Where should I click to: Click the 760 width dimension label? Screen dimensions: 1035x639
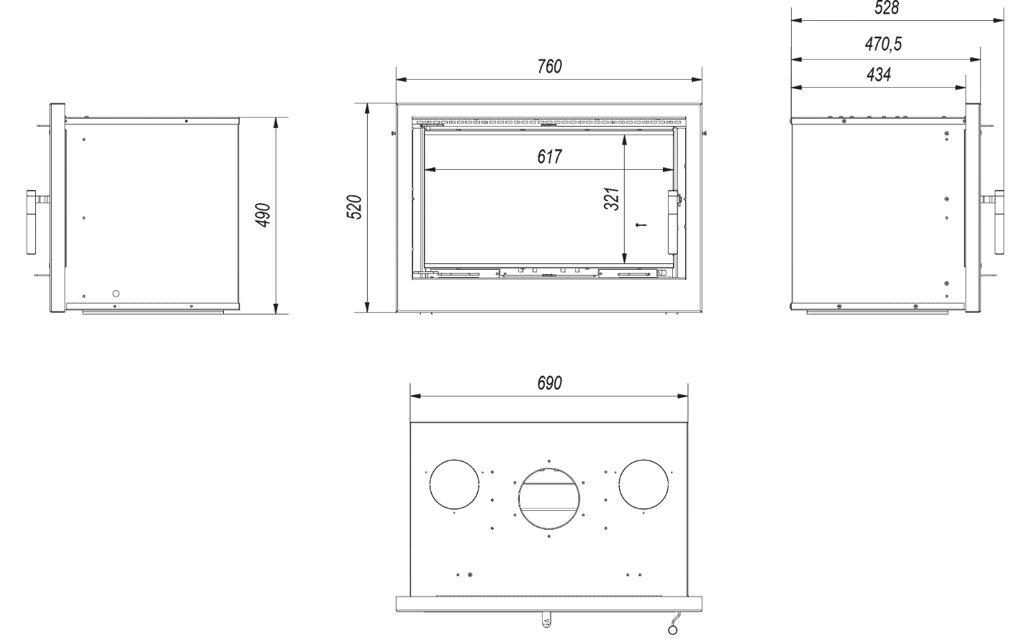point(549,66)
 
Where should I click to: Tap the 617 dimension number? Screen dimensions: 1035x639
point(549,157)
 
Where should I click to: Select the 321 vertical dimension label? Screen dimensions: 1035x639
point(611,199)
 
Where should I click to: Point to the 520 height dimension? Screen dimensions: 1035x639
point(355,207)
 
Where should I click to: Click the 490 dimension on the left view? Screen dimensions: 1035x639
point(263,215)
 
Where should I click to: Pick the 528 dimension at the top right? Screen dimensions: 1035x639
point(887,8)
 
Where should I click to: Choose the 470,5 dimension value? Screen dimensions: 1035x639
point(883,44)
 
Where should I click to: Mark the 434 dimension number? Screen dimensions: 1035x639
point(878,74)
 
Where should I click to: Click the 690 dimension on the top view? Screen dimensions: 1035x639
point(549,383)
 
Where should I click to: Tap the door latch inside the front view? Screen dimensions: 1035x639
point(674,222)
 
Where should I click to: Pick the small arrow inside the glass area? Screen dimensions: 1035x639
point(641,225)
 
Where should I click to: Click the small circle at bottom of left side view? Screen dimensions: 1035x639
point(116,294)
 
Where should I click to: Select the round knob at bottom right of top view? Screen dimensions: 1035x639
point(672,630)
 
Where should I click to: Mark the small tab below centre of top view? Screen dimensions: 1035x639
point(546,619)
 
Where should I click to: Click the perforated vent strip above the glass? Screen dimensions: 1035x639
point(549,122)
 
